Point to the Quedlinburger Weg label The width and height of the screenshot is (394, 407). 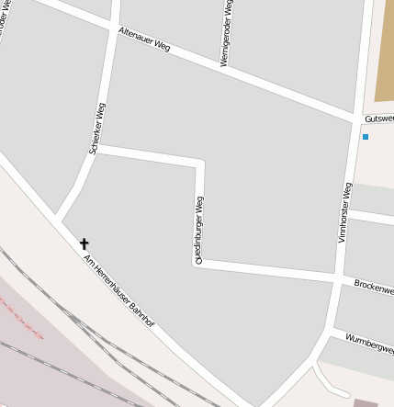(x=199, y=227)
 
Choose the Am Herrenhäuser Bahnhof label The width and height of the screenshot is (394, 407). (x=118, y=291)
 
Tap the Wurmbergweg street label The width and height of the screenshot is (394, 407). (x=369, y=343)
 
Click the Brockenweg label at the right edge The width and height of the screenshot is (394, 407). (x=374, y=288)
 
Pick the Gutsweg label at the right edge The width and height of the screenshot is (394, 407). (x=378, y=119)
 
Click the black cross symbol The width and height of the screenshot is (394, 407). (x=84, y=243)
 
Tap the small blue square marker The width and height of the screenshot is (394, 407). (x=365, y=137)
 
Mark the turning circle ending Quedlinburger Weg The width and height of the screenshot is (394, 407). (x=197, y=263)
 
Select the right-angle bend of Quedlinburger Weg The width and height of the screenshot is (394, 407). (x=199, y=162)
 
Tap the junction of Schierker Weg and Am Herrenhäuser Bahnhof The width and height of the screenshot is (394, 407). (x=60, y=220)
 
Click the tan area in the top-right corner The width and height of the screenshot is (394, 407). (x=385, y=51)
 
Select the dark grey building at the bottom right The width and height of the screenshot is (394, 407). (x=366, y=401)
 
